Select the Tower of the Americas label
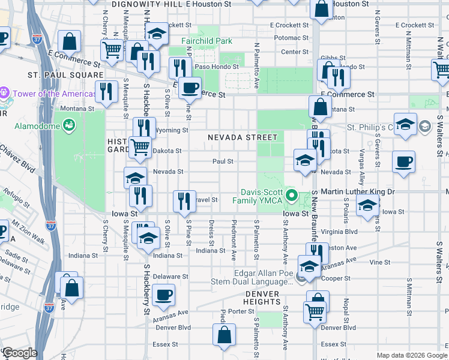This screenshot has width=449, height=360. [53, 94]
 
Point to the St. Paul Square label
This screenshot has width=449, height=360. [57, 75]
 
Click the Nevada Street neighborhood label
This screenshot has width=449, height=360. [243, 137]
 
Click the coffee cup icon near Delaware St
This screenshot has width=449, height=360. [163, 295]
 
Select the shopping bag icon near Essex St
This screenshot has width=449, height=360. [224, 336]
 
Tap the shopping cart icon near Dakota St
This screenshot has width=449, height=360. [140, 146]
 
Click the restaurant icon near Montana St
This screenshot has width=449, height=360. [106, 91]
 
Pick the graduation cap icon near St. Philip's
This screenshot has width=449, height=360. [406, 125]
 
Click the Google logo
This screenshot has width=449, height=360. [19, 353]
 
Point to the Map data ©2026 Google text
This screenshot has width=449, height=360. [411, 355]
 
